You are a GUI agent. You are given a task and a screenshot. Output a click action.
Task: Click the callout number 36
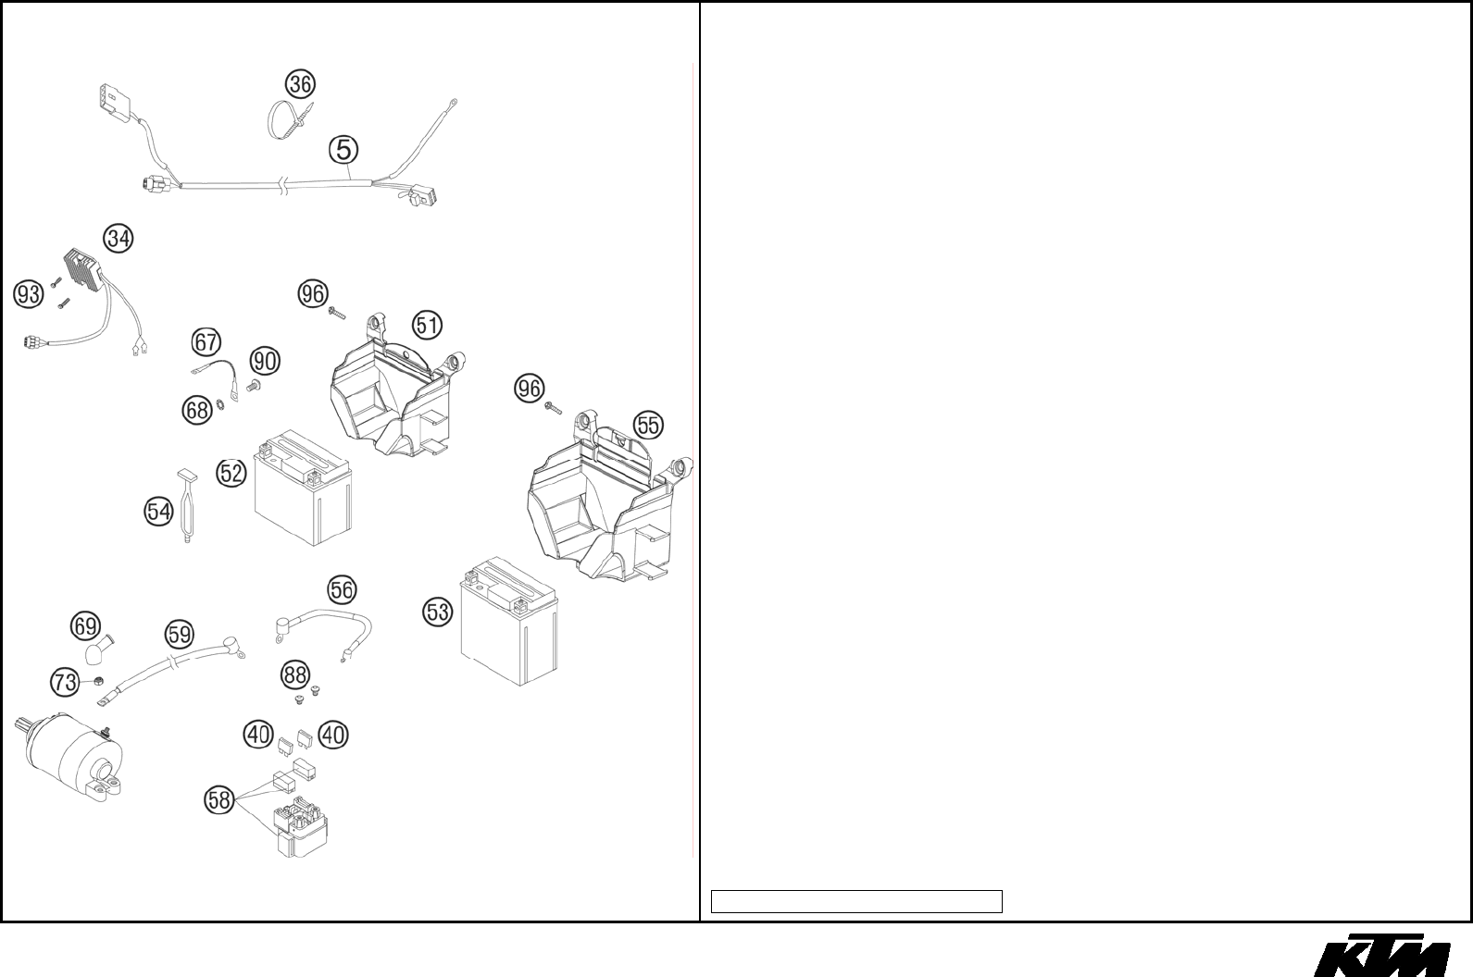(x=299, y=84)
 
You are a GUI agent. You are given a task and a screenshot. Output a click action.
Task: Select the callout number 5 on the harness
(x=343, y=149)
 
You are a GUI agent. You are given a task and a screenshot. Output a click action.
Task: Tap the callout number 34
(x=118, y=239)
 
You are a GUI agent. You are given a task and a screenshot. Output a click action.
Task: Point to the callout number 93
(x=29, y=294)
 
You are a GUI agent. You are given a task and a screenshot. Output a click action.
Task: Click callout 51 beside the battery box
(x=427, y=326)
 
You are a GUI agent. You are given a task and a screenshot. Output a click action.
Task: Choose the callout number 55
(x=648, y=426)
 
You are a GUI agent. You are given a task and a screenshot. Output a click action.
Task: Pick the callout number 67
(x=206, y=342)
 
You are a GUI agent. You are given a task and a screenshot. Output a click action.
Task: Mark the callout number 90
(x=265, y=361)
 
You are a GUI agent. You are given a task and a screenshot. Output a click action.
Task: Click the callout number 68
(x=196, y=410)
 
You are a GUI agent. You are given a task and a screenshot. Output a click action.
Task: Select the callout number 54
(x=159, y=511)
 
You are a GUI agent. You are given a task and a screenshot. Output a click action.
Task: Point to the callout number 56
(x=342, y=589)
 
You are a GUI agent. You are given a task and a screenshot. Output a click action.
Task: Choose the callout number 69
(x=85, y=626)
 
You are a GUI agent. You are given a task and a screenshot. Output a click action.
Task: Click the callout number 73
(x=64, y=684)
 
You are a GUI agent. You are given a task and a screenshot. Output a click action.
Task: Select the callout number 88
(x=295, y=675)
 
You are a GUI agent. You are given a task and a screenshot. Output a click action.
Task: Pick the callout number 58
(x=218, y=800)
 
